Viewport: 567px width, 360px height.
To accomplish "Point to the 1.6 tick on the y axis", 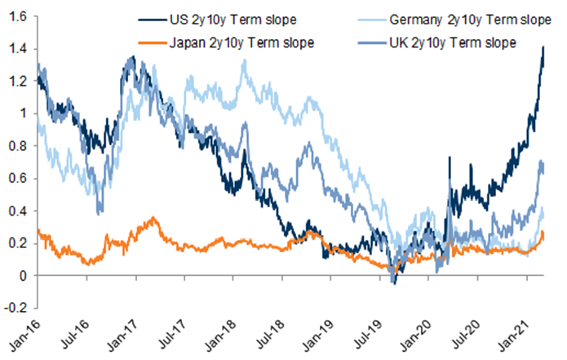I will [16, 16].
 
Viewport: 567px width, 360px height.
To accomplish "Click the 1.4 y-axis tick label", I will [16, 48].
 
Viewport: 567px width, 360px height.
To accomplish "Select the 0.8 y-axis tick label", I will [16, 146].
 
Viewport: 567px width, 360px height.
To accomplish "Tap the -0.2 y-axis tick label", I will [15, 309].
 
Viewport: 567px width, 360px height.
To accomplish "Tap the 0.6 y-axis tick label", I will [16, 179].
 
